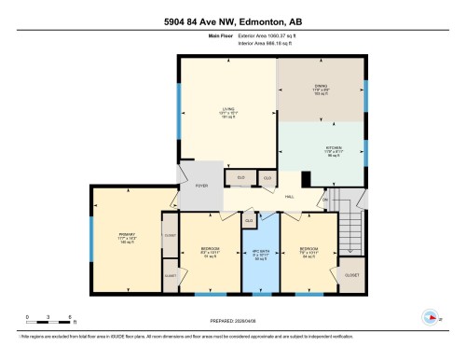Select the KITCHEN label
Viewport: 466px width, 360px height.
pos(333,147)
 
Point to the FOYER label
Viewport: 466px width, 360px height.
pos(200,187)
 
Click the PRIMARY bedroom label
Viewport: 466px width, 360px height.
pos(127,235)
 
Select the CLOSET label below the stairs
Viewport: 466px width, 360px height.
pos(351,276)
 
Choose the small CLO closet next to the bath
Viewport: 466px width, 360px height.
pos(248,221)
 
